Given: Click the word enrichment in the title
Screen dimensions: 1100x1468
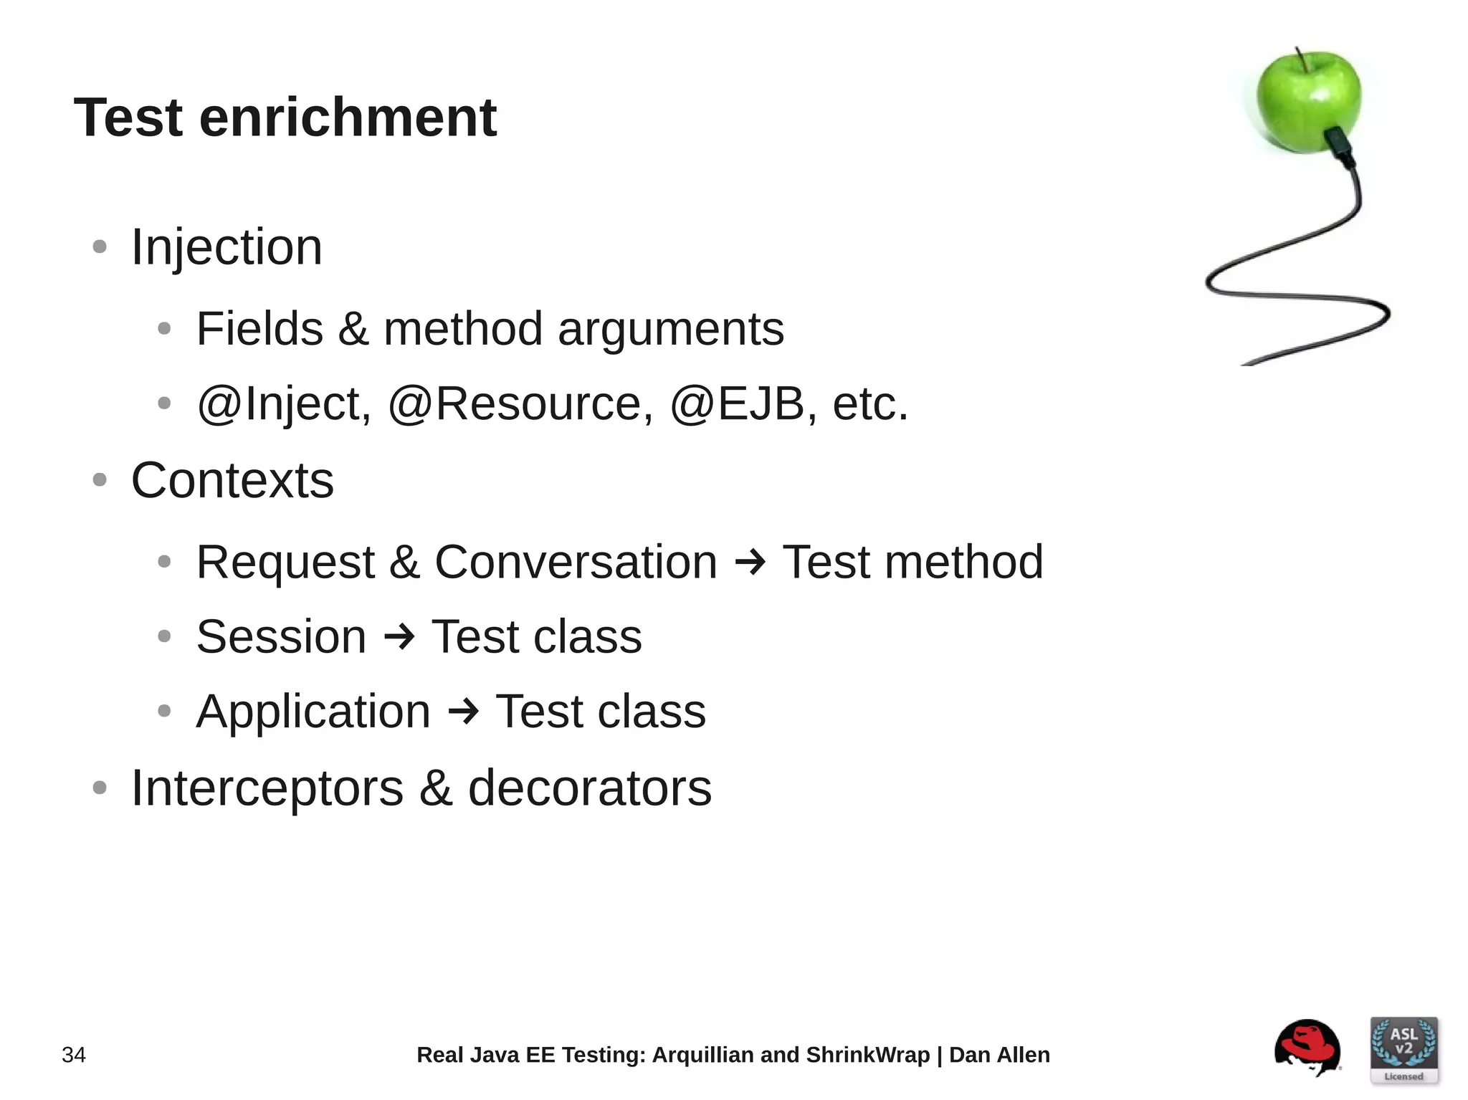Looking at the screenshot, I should tap(348, 118).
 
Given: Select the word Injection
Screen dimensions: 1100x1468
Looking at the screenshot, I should tap(227, 247).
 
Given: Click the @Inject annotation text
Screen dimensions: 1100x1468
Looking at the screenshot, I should tap(284, 403).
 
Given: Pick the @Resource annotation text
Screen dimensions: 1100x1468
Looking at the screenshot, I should tap(520, 403).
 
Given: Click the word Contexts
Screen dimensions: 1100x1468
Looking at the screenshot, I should tap(232, 480).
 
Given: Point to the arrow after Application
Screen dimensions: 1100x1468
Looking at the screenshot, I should tap(463, 712).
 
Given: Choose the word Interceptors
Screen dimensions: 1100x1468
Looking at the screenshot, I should tap(267, 788).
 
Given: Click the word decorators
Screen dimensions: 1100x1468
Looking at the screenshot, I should tap(589, 788).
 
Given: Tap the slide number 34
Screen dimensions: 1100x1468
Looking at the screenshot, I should tap(74, 1055).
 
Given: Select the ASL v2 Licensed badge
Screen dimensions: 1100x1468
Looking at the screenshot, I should tap(1403, 1050).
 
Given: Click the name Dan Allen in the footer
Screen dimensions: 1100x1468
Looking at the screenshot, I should tap(999, 1055).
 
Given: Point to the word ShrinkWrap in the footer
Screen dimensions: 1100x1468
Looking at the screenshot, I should tap(867, 1055).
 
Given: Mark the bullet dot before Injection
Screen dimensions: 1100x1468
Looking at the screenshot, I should tap(100, 247).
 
